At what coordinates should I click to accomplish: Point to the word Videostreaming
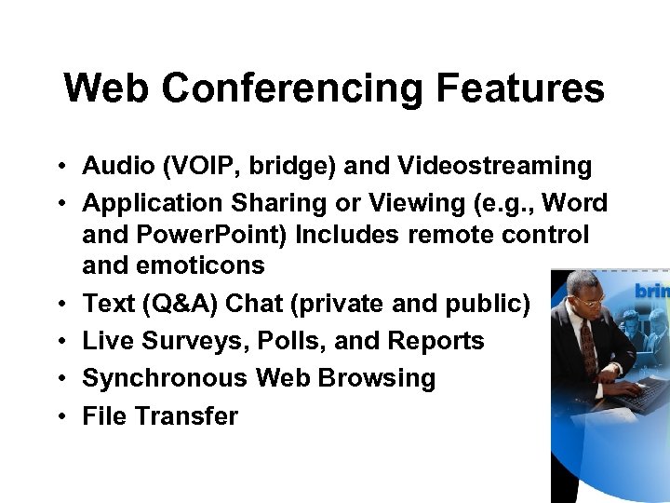click(x=494, y=167)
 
